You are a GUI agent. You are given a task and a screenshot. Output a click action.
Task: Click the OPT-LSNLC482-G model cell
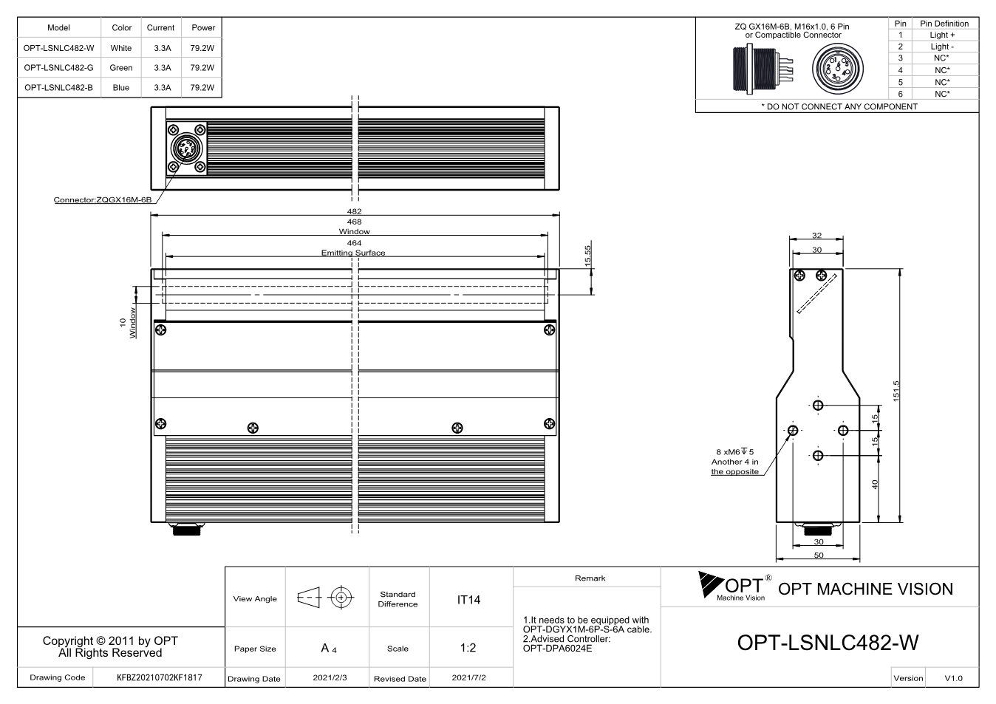[58, 67]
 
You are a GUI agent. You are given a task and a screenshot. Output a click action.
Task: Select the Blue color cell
[121, 88]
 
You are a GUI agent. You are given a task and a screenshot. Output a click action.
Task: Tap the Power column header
[203, 27]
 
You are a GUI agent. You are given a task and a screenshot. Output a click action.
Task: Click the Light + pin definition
[942, 35]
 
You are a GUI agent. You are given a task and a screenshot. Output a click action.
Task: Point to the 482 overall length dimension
[355, 211]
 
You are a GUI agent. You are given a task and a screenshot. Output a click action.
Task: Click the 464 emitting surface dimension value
[355, 242]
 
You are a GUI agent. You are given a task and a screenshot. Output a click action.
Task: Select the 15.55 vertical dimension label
[588, 256]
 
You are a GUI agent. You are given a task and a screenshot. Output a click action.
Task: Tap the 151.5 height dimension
[896, 391]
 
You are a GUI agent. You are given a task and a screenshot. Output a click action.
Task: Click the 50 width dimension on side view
[819, 555]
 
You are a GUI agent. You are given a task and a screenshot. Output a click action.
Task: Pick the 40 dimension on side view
[875, 485]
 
